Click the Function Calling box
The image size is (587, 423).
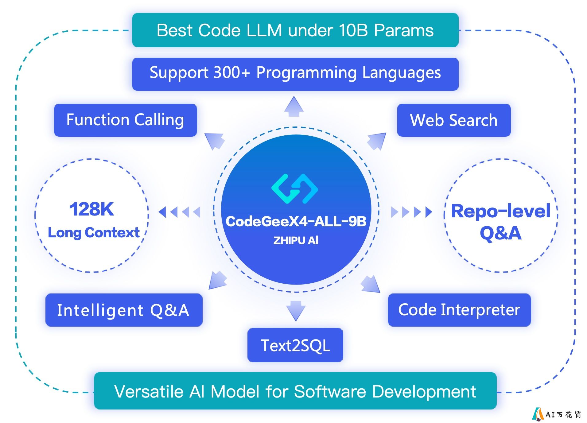click(x=125, y=120)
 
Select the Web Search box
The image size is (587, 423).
click(x=454, y=120)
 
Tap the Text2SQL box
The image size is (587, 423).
click(x=295, y=345)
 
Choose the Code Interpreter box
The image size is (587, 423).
click(x=459, y=310)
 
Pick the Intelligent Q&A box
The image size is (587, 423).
click(x=124, y=310)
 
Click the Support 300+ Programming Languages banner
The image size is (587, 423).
click(x=295, y=74)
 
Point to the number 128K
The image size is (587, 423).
click(x=91, y=209)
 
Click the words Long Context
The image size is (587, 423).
click(x=94, y=232)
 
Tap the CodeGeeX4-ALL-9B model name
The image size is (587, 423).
click(x=296, y=221)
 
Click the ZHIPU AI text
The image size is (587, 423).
click(x=296, y=240)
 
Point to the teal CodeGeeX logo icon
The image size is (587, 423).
click(x=295, y=188)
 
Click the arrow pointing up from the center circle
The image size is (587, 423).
click(x=294, y=106)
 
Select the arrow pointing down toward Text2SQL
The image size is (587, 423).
click(x=296, y=311)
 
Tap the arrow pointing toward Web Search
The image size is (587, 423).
click(x=377, y=141)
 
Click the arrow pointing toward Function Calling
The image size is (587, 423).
click(x=214, y=142)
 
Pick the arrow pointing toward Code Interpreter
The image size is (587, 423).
click(x=371, y=284)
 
